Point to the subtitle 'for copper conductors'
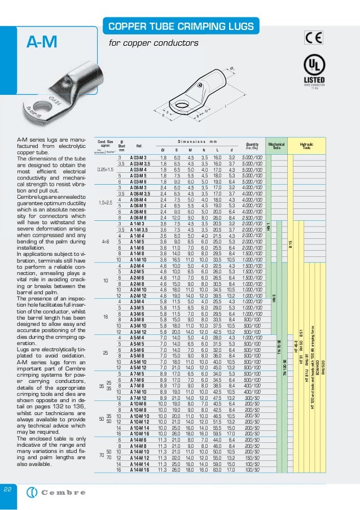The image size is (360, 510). pyautogui.click(x=153, y=43)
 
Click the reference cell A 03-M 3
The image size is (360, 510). pyautogui.click(x=138, y=156)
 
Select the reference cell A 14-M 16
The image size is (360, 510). pyautogui.click(x=140, y=469)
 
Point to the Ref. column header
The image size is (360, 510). pyautogui.click(x=138, y=146)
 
